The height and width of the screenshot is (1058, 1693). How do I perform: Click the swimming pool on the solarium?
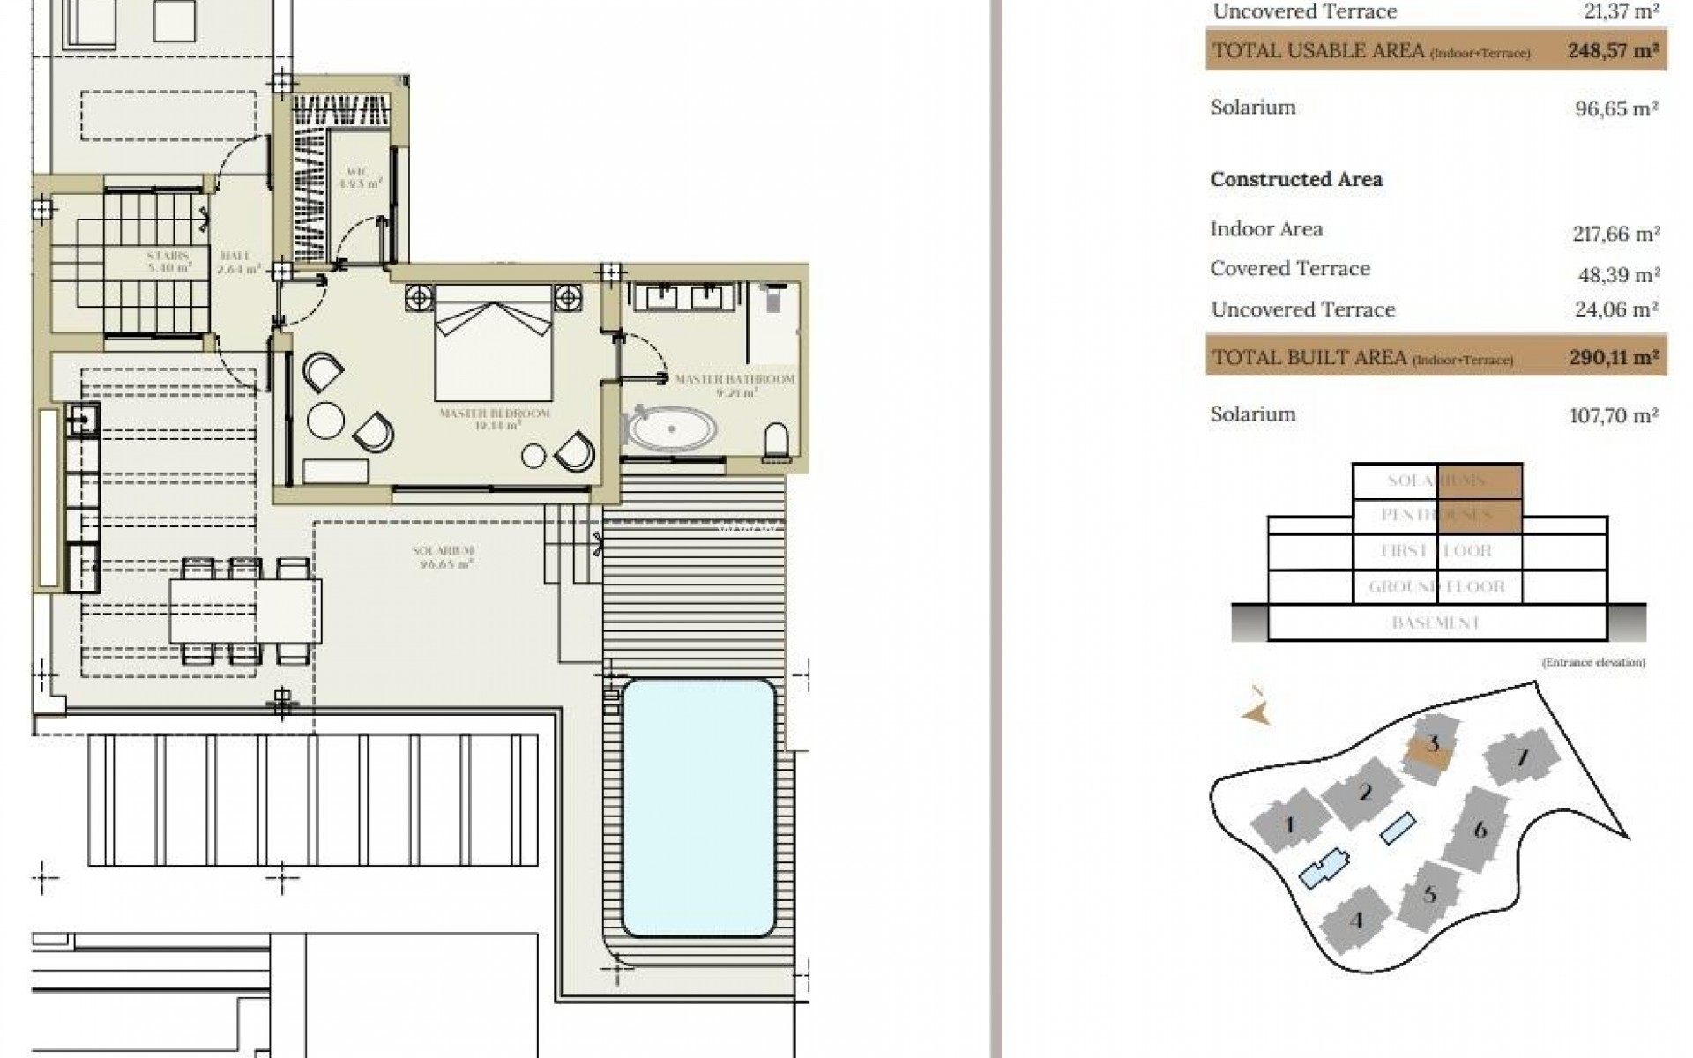point(698,808)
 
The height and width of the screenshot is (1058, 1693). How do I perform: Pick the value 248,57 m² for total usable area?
point(1613,51)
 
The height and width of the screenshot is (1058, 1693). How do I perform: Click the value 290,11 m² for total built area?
point(1613,358)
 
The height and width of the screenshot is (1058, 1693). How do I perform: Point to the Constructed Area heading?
point(1295,180)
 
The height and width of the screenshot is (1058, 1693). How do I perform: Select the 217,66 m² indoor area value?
point(1616,235)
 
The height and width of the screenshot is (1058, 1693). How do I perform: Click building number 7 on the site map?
point(1521,757)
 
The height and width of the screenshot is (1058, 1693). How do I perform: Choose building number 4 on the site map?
point(1356,921)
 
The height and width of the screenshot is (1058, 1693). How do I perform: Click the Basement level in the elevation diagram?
point(1435,623)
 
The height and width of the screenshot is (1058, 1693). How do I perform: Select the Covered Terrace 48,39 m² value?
point(1618,275)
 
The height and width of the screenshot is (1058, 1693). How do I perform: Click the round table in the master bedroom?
point(325,420)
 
